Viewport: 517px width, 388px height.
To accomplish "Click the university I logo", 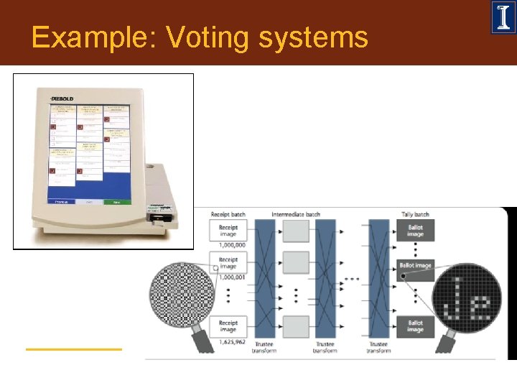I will [x=503, y=18].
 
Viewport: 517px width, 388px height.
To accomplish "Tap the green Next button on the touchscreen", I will [x=116, y=202].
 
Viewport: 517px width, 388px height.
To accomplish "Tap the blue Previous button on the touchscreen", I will [x=61, y=202].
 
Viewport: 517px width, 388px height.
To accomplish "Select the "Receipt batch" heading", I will [x=229, y=214].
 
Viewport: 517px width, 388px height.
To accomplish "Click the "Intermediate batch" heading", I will [x=295, y=214].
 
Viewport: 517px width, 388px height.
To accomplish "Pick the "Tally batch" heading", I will [x=415, y=214].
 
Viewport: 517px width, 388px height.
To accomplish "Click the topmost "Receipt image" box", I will [x=228, y=230].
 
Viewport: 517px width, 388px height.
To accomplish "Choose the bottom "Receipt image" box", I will [x=228, y=327].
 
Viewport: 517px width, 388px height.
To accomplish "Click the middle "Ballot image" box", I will [x=415, y=266].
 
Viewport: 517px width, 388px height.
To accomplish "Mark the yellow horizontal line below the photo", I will [x=74, y=349].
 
